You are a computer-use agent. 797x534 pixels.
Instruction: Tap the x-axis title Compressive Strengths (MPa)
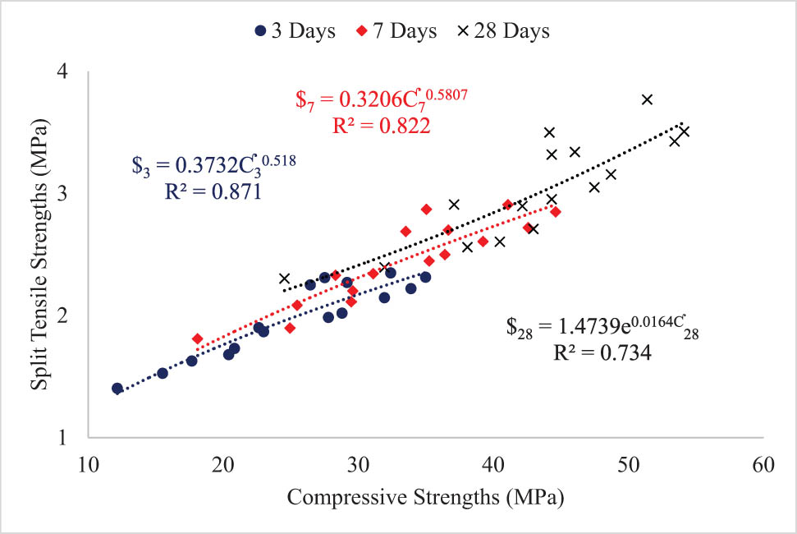(426, 497)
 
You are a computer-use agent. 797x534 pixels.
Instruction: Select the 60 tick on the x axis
(763, 464)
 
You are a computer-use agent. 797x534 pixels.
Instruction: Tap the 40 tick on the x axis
(493, 464)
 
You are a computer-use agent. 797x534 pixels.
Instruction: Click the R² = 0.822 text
(382, 125)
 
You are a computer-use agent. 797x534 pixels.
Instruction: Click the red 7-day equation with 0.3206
(382, 99)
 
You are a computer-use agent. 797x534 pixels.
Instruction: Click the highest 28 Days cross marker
(647, 99)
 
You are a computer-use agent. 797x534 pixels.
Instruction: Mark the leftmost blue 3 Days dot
(117, 389)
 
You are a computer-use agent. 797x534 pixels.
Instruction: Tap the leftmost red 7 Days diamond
(197, 338)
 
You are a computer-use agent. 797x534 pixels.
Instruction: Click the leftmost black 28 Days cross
(285, 279)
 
